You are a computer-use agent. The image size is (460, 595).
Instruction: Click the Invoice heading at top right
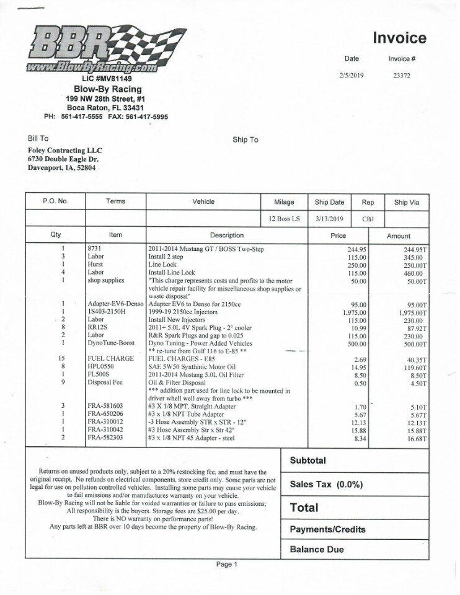point(399,38)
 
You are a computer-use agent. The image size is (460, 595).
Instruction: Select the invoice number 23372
point(402,76)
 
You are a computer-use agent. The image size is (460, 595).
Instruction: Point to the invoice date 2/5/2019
point(352,76)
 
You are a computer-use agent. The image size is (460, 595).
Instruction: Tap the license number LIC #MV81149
point(107,79)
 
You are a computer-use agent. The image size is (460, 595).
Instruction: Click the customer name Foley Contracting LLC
point(65,150)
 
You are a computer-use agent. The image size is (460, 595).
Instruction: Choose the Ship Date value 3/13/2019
point(329,219)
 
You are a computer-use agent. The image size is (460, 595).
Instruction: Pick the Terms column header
point(115,201)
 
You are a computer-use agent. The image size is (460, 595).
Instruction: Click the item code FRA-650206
point(105,415)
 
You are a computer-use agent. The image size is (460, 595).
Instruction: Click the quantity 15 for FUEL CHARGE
point(62,359)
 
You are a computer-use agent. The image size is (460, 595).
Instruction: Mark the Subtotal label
point(309,461)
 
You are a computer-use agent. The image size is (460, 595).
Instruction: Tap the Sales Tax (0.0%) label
point(326,485)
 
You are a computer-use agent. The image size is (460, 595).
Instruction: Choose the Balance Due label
point(316,549)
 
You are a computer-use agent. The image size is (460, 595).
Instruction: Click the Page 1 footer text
point(227,565)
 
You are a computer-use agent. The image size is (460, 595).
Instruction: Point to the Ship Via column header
point(406,201)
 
